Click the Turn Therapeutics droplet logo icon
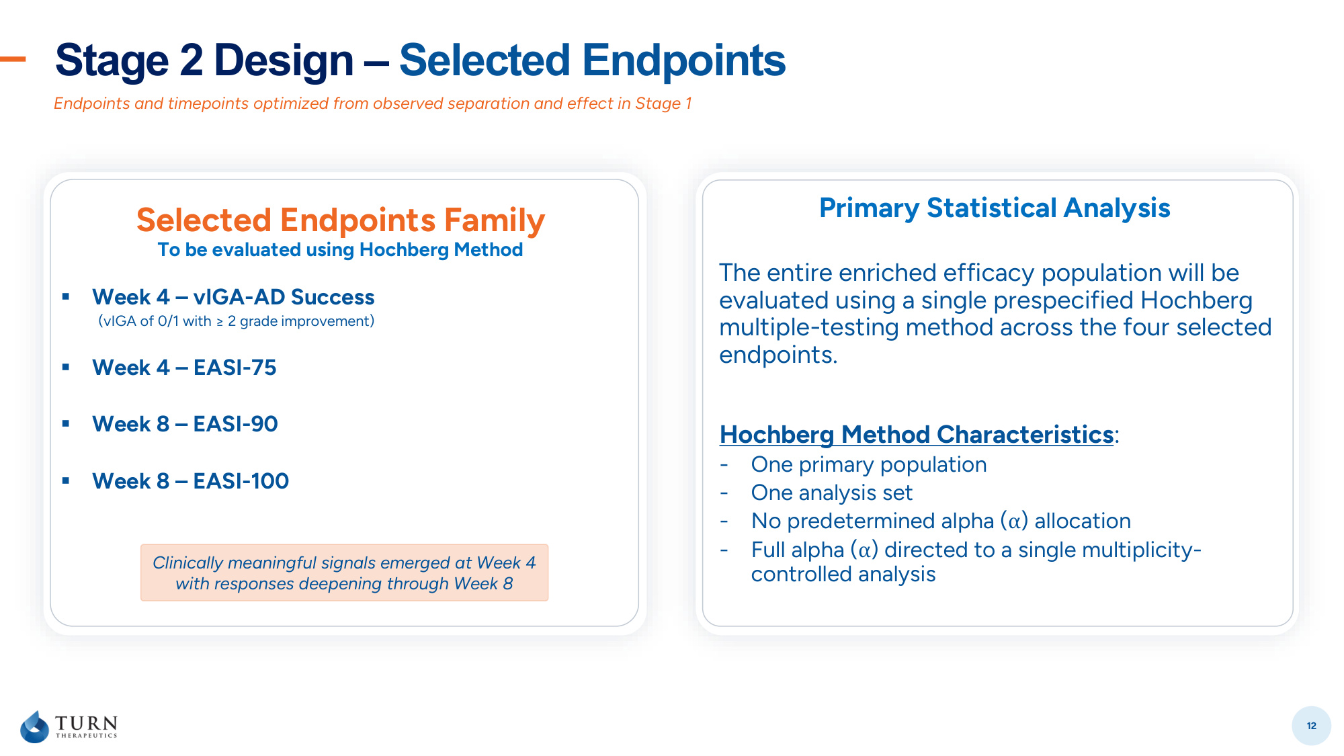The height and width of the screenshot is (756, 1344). (x=35, y=726)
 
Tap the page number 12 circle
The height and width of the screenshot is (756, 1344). (x=1311, y=726)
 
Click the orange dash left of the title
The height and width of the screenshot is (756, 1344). (x=13, y=59)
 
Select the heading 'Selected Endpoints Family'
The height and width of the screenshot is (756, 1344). (x=341, y=220)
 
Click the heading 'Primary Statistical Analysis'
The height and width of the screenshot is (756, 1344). (x=995, y=208)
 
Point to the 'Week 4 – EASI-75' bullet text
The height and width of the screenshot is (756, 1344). (x=184, y=368)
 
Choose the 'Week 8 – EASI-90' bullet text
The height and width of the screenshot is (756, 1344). (x=185, y=424)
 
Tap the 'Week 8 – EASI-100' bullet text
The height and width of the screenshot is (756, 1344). (x=191, y=481)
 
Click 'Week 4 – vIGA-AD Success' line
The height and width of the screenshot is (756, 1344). (x=233, y=297)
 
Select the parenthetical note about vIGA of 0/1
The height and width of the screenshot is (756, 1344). (x=237, y=321)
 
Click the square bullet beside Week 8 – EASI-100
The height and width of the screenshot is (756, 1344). (x=66, y=480)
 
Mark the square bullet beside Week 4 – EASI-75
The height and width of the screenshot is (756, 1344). (x=66, y=367)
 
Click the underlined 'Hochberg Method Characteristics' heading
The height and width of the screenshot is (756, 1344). (x=917, y=435)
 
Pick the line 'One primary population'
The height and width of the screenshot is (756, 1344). (x=869, y=464)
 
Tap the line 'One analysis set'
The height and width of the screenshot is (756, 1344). (x=832, y=493)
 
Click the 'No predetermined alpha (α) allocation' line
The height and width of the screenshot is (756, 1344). (x=941, y=521)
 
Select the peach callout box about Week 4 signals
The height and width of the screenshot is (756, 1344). (x=344, y=573)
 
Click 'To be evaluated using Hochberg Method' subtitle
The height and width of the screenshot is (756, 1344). (x=340, y=250)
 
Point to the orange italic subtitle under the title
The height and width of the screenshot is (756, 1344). (x=373, y=103)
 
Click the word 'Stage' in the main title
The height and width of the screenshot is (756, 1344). (x=112, y=60)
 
